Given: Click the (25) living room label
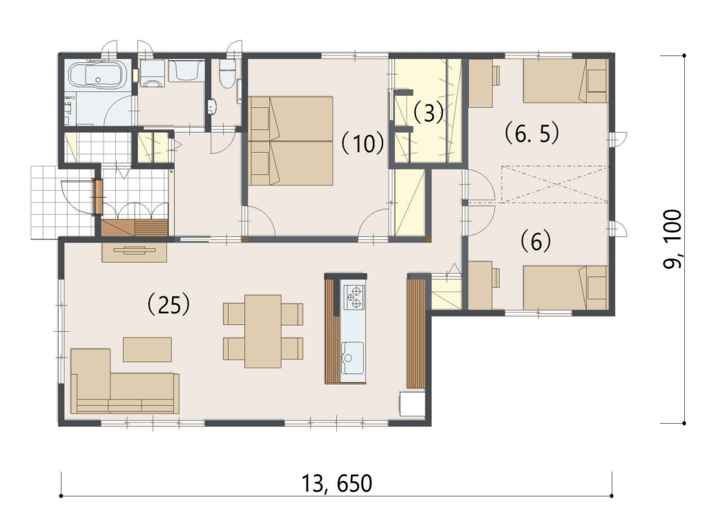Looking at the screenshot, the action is coord(168,305).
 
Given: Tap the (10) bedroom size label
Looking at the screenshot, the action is coord(362,144).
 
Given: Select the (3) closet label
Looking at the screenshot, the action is coord(428,113).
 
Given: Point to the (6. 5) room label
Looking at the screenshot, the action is coord(532,133).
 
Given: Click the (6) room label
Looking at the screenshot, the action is coord(536,241).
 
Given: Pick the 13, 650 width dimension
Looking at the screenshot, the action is coord(336,484).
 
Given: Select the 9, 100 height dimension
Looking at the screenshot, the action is coord(672,239).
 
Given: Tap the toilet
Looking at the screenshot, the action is coord(226,73).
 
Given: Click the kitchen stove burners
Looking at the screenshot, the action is coord(354,297).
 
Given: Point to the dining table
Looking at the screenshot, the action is coord(263,331).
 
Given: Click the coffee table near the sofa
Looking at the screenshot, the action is coord(148,349).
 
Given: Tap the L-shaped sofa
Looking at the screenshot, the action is coord(125,382).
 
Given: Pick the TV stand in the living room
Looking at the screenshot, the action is coord(135,252).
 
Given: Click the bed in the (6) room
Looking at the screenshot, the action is coord(565,288).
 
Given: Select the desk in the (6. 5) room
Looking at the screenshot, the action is coord(481,84).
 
